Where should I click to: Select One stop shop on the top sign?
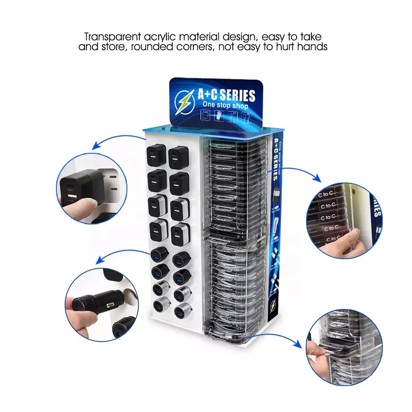225,106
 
